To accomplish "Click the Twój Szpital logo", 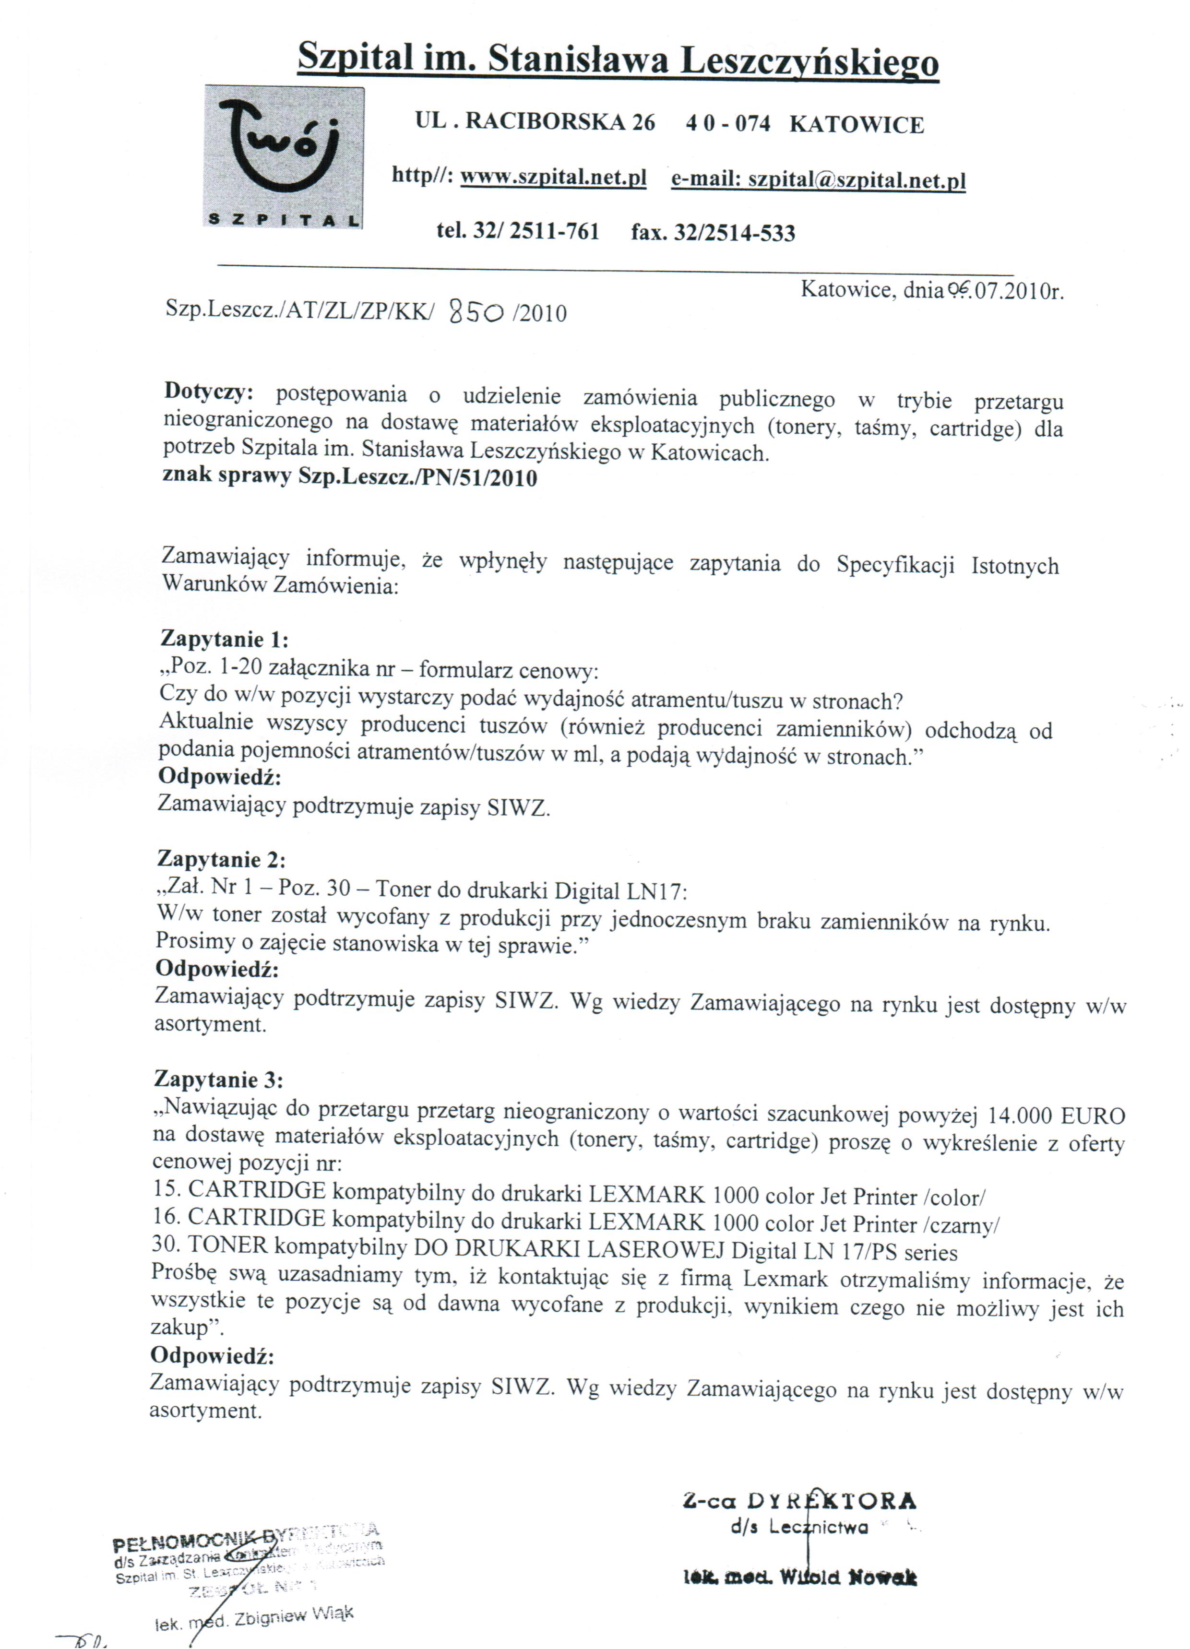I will click(284, 157).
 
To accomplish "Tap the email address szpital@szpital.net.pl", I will click(857, 179).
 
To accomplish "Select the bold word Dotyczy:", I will click(209, 391).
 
